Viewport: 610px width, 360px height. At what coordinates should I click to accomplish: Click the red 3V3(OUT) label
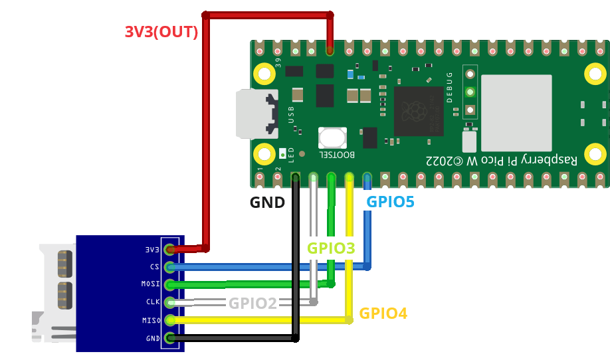pos(161,32)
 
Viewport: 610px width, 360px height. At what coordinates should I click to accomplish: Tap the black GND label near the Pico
pos(267,203)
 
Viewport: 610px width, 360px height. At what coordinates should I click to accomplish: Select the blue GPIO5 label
pos(391,202)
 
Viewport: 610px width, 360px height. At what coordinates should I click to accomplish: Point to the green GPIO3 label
pos(331,248)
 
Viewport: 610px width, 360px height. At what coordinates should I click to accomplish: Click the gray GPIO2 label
pos(253,304)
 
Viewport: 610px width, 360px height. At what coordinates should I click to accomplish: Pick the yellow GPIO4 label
pos(383,314)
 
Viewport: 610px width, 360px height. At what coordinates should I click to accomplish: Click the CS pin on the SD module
pos(170,268)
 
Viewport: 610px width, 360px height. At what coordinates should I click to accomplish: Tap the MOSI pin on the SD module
pos(170,285)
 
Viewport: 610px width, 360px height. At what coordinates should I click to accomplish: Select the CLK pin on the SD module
pos(170,303)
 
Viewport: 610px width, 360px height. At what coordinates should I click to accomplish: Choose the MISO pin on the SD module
pos(170,320)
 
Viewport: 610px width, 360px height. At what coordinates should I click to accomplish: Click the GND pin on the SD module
pos(170,338)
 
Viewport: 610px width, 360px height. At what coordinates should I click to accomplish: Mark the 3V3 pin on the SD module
pos(170,250)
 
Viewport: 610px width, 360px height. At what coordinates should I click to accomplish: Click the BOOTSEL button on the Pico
pos(332,138)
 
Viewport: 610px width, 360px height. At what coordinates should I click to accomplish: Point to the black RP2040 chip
pos(419,111)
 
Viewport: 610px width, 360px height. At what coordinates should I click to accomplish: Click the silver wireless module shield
pos(516,113)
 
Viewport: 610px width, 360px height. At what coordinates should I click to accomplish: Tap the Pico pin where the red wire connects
pos(330,50)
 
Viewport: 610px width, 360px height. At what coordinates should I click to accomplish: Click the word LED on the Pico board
pos(291,155)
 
